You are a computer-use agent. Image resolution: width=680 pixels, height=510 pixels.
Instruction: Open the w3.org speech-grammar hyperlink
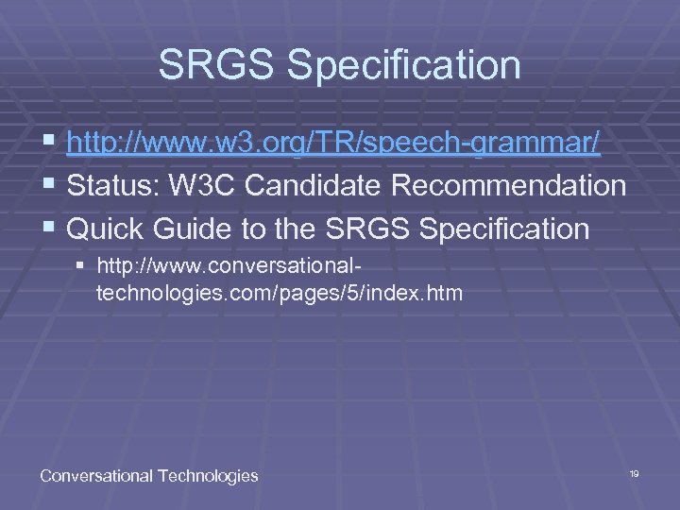pyautogui.click(x=333, y=144)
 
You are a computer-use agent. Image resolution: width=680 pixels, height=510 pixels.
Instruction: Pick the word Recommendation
pyautogui.click(x=509, y=186)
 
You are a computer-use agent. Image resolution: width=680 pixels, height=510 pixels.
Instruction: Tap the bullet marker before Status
pyautogui.click(x=48, y=186)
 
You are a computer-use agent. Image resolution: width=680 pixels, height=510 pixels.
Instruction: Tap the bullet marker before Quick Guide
pyautogui.click(x=48, y=229)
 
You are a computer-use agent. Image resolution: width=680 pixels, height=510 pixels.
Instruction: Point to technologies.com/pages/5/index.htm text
pyautogui.click(x=280, y=294)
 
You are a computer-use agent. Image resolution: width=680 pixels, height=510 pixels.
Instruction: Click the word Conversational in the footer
pyautogui.click(x=95, y=476)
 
